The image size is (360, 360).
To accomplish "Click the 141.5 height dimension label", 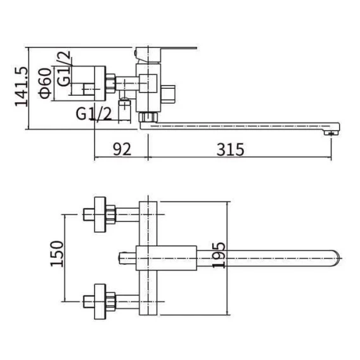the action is tap(22, 87).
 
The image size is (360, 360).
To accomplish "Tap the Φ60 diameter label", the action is tap(45, 83).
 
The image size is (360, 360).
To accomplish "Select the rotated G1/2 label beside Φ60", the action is tap(64, 68).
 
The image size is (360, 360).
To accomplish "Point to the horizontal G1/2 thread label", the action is tap(94, 114).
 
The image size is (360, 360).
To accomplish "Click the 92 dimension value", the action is tap(122, 149).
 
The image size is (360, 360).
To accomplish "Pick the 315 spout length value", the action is tap(230, 150).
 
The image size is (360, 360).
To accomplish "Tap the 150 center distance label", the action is tap(56, 254).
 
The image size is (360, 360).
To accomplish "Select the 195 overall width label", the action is tap(219, 255).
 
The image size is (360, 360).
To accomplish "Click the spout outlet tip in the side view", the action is tap(331, 132).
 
